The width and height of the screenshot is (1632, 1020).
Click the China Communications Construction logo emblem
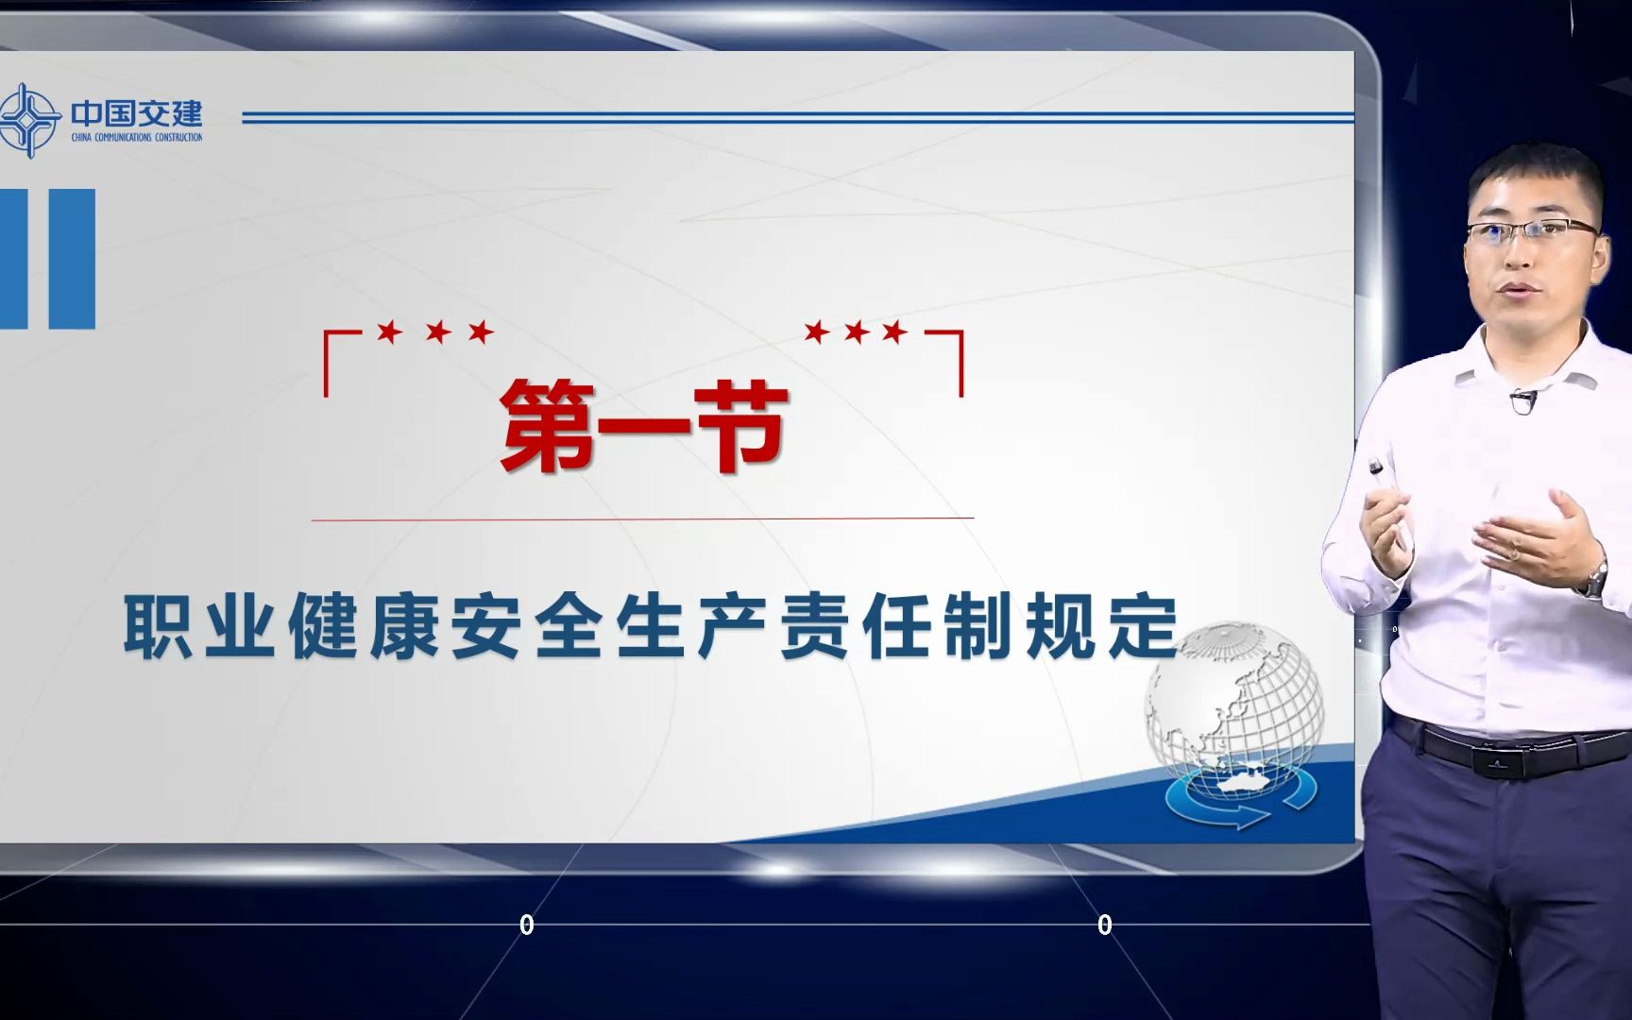coord(28,120)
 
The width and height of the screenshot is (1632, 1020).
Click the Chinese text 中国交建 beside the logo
coord(137,113)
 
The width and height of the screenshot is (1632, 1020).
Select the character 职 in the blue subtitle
coord(158,626)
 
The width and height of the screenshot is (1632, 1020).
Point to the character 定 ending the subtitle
coord(1144,626)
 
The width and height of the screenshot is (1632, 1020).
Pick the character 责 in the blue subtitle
coord(815,626)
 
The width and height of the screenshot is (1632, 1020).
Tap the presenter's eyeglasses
coord(1532,230)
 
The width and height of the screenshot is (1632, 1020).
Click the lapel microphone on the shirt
coord(1521,401)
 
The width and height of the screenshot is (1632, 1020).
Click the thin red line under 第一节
coord(642,518)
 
